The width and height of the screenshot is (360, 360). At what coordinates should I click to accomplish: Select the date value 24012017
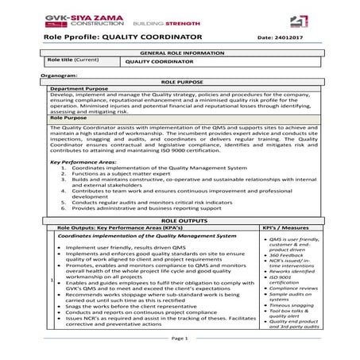pyautogui.click(x=290, y=37)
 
